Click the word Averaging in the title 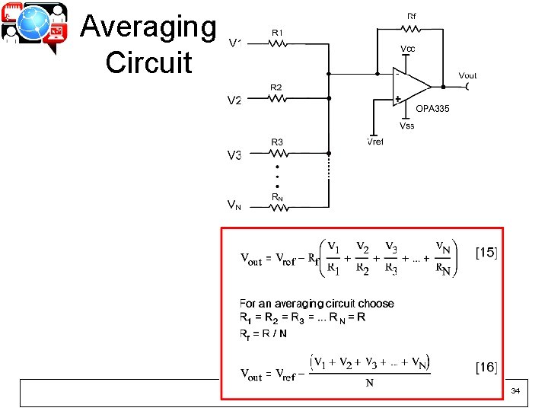(148, 27)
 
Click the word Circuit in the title (148, 62)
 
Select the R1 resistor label (277, 33)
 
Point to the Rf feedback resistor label (412, 15)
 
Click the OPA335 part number (432, 109)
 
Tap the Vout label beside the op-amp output (467, 75)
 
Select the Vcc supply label (408, 49)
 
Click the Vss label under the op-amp (407, 126)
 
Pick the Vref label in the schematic (375, 142)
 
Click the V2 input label (235, 100)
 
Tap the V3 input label (235, 155)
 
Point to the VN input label (235, 205)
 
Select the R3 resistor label (277, 142)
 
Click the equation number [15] (486, 251)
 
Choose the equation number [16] (486, 368)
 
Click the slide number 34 (515, 390)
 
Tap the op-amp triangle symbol (409, 85)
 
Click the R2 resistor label (276, 88)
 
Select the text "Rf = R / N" (263, 333)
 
